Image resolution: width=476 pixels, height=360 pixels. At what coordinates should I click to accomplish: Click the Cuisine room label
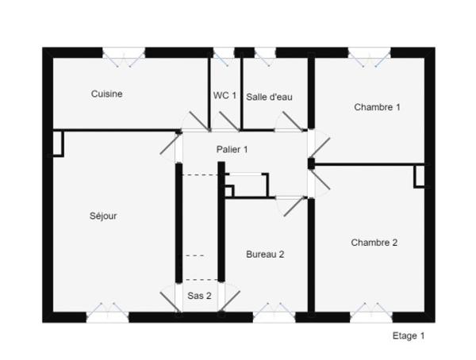[106, 94]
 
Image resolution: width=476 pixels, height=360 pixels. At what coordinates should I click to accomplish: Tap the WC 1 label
[225, 95]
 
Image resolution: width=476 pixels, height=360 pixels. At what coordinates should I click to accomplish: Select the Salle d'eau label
[269, 97]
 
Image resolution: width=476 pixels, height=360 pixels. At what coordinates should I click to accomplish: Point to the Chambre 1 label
[377, 106]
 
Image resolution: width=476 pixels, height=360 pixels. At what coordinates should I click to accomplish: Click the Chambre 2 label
[374, 243]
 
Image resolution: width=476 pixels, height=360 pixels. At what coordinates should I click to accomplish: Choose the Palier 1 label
[232, 149]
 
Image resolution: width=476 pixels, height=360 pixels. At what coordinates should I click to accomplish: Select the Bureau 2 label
[265, 255]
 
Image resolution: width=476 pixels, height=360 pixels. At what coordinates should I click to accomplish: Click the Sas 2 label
[199, 296]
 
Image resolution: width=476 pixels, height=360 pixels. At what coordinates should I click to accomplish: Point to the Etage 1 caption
[409, 335]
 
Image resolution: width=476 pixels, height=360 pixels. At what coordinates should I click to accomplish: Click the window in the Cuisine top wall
[124, 53]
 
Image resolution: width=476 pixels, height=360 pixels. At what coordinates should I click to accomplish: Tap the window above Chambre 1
[370, 53]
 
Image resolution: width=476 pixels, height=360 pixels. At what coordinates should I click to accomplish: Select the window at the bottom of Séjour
[107, 316]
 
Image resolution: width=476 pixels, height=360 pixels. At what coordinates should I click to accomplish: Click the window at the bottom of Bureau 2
[274, 316]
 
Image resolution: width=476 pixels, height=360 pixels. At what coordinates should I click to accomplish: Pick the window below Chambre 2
[370, 316]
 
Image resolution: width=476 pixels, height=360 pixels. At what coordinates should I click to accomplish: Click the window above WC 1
[225, 53]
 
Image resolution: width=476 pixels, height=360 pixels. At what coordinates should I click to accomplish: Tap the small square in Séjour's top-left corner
[57, 143]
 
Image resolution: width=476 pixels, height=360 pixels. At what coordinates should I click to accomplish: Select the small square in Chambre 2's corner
[419, 176]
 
